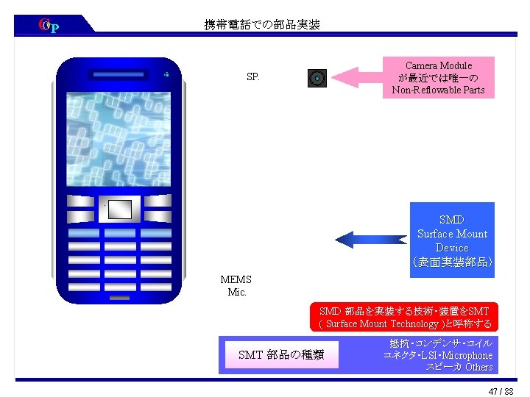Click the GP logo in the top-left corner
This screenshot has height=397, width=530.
tap(49, 26)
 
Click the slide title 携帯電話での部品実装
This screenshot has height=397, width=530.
tap(262, 25)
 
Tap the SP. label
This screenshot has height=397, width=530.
tap(252, 76)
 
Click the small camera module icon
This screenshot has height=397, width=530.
tap(317, 78)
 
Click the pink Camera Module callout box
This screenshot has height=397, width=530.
tap(438, 78)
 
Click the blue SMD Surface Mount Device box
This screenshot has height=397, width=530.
tap(451, 240)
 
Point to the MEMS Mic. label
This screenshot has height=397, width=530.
tap(236, 285)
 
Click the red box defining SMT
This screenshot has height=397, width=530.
tap(404, 318)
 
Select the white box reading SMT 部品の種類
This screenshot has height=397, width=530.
tap(281, 355)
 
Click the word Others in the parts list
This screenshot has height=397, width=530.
tap(478, 367)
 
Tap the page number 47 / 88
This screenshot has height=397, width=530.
tap(501, 391)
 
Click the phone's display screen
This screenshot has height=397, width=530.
tap(119, 139)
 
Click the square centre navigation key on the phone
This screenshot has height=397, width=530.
tap(119, 210)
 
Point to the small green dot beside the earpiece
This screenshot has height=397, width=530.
tap(167, 74)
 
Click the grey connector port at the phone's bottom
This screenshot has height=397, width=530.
tap(119, 298)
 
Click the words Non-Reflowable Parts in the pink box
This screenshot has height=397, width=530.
tap(438, 90)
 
